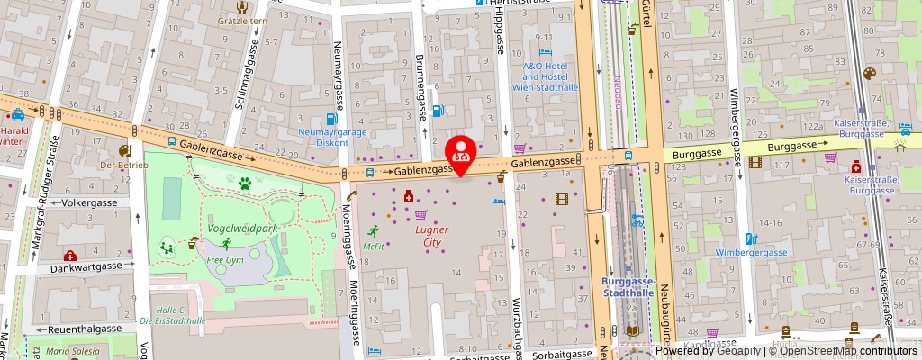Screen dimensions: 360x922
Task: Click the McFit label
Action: (374, 247)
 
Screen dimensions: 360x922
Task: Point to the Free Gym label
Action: (225, 260)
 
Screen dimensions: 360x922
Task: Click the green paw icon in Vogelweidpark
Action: (244, 184)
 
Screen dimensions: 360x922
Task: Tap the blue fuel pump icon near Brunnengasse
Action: (438, 112)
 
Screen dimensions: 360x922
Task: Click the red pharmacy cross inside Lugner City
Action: (409, 196)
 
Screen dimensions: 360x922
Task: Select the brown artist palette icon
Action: (870, 74)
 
